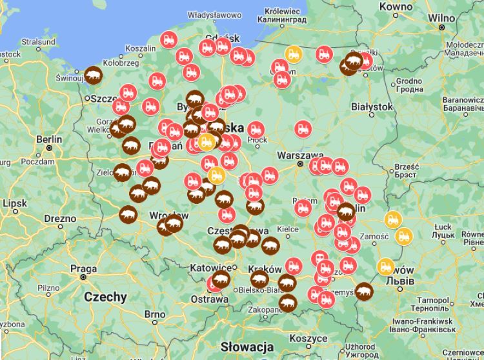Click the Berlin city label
(49, 139)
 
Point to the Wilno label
(442, 17)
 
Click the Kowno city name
(396, 6)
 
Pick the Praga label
(84, 269)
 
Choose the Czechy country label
(105, 297)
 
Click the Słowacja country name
(248, 347)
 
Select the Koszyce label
(308, 338)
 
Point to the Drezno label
(60, 218)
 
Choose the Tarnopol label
(433, 300)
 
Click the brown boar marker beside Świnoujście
(94, 75)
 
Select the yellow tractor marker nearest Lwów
(386, 266)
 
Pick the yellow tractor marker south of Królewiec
(294, 54)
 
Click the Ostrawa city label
(210, 299)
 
